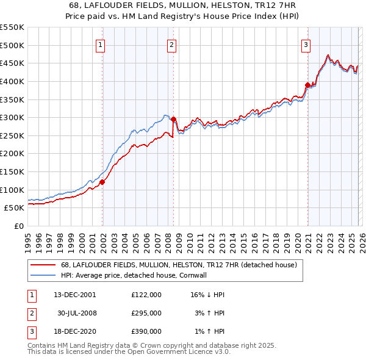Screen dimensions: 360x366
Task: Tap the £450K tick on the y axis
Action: click(12, 63)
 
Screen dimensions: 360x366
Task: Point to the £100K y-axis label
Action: click(12, 190)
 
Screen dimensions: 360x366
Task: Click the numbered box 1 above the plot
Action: click(100, 45)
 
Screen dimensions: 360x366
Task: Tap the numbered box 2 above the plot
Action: click(171, 45)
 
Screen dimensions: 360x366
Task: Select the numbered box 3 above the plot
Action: click(305, 45)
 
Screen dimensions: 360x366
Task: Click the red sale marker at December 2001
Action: click(102, 182)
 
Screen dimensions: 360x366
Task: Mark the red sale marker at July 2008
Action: click(173, 120)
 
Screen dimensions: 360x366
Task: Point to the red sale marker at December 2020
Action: click(307, 85)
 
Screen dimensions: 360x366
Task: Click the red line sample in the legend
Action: click(43, 265)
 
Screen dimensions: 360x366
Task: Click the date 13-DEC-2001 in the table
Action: click(74, 295)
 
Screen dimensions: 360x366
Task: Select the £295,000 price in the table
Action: click(146, 313)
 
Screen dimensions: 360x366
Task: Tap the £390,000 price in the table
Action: click(146, 331)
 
